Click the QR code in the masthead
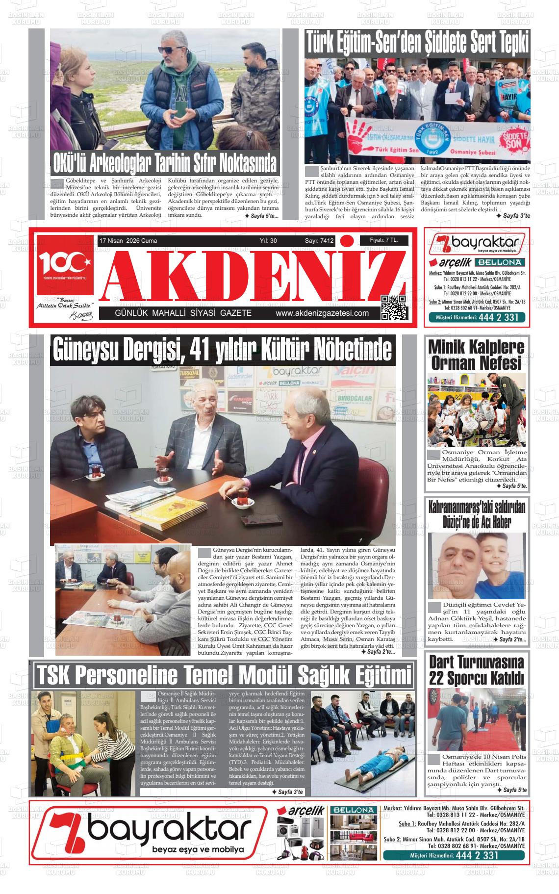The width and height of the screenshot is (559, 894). point(393,307)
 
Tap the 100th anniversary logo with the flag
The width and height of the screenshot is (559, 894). point(64,265)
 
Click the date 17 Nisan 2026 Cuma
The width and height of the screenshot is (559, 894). point(128,241)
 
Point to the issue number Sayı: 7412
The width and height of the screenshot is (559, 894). point(319,241)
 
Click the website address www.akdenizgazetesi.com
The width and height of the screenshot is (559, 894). point(322,313)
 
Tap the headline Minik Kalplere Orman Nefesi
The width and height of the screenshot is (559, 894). point(476,355)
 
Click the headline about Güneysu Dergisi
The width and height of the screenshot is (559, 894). point(222,350)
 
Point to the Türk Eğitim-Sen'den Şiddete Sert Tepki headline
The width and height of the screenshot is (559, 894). point(417,43)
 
